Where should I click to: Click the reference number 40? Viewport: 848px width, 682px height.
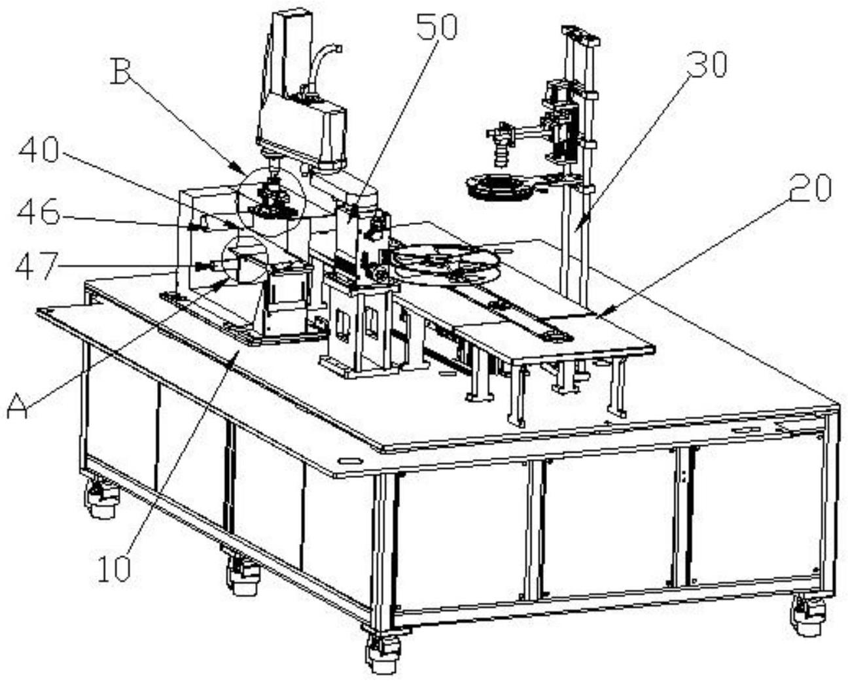pyautogui.click(x=39, y=152)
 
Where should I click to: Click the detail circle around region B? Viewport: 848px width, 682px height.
pyautogui.click(x=270, y=196)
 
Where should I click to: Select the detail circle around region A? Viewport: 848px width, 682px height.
pyautogui.click(x=244, y=260)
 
